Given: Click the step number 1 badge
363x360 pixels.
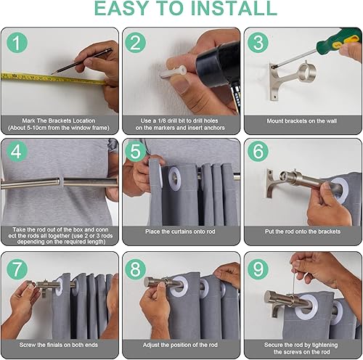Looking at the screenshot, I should click(x=15, y=42).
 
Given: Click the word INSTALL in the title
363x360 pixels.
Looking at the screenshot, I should click(x=232, y=10).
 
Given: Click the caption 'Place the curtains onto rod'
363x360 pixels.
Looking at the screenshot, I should click(x=181, y=232).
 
